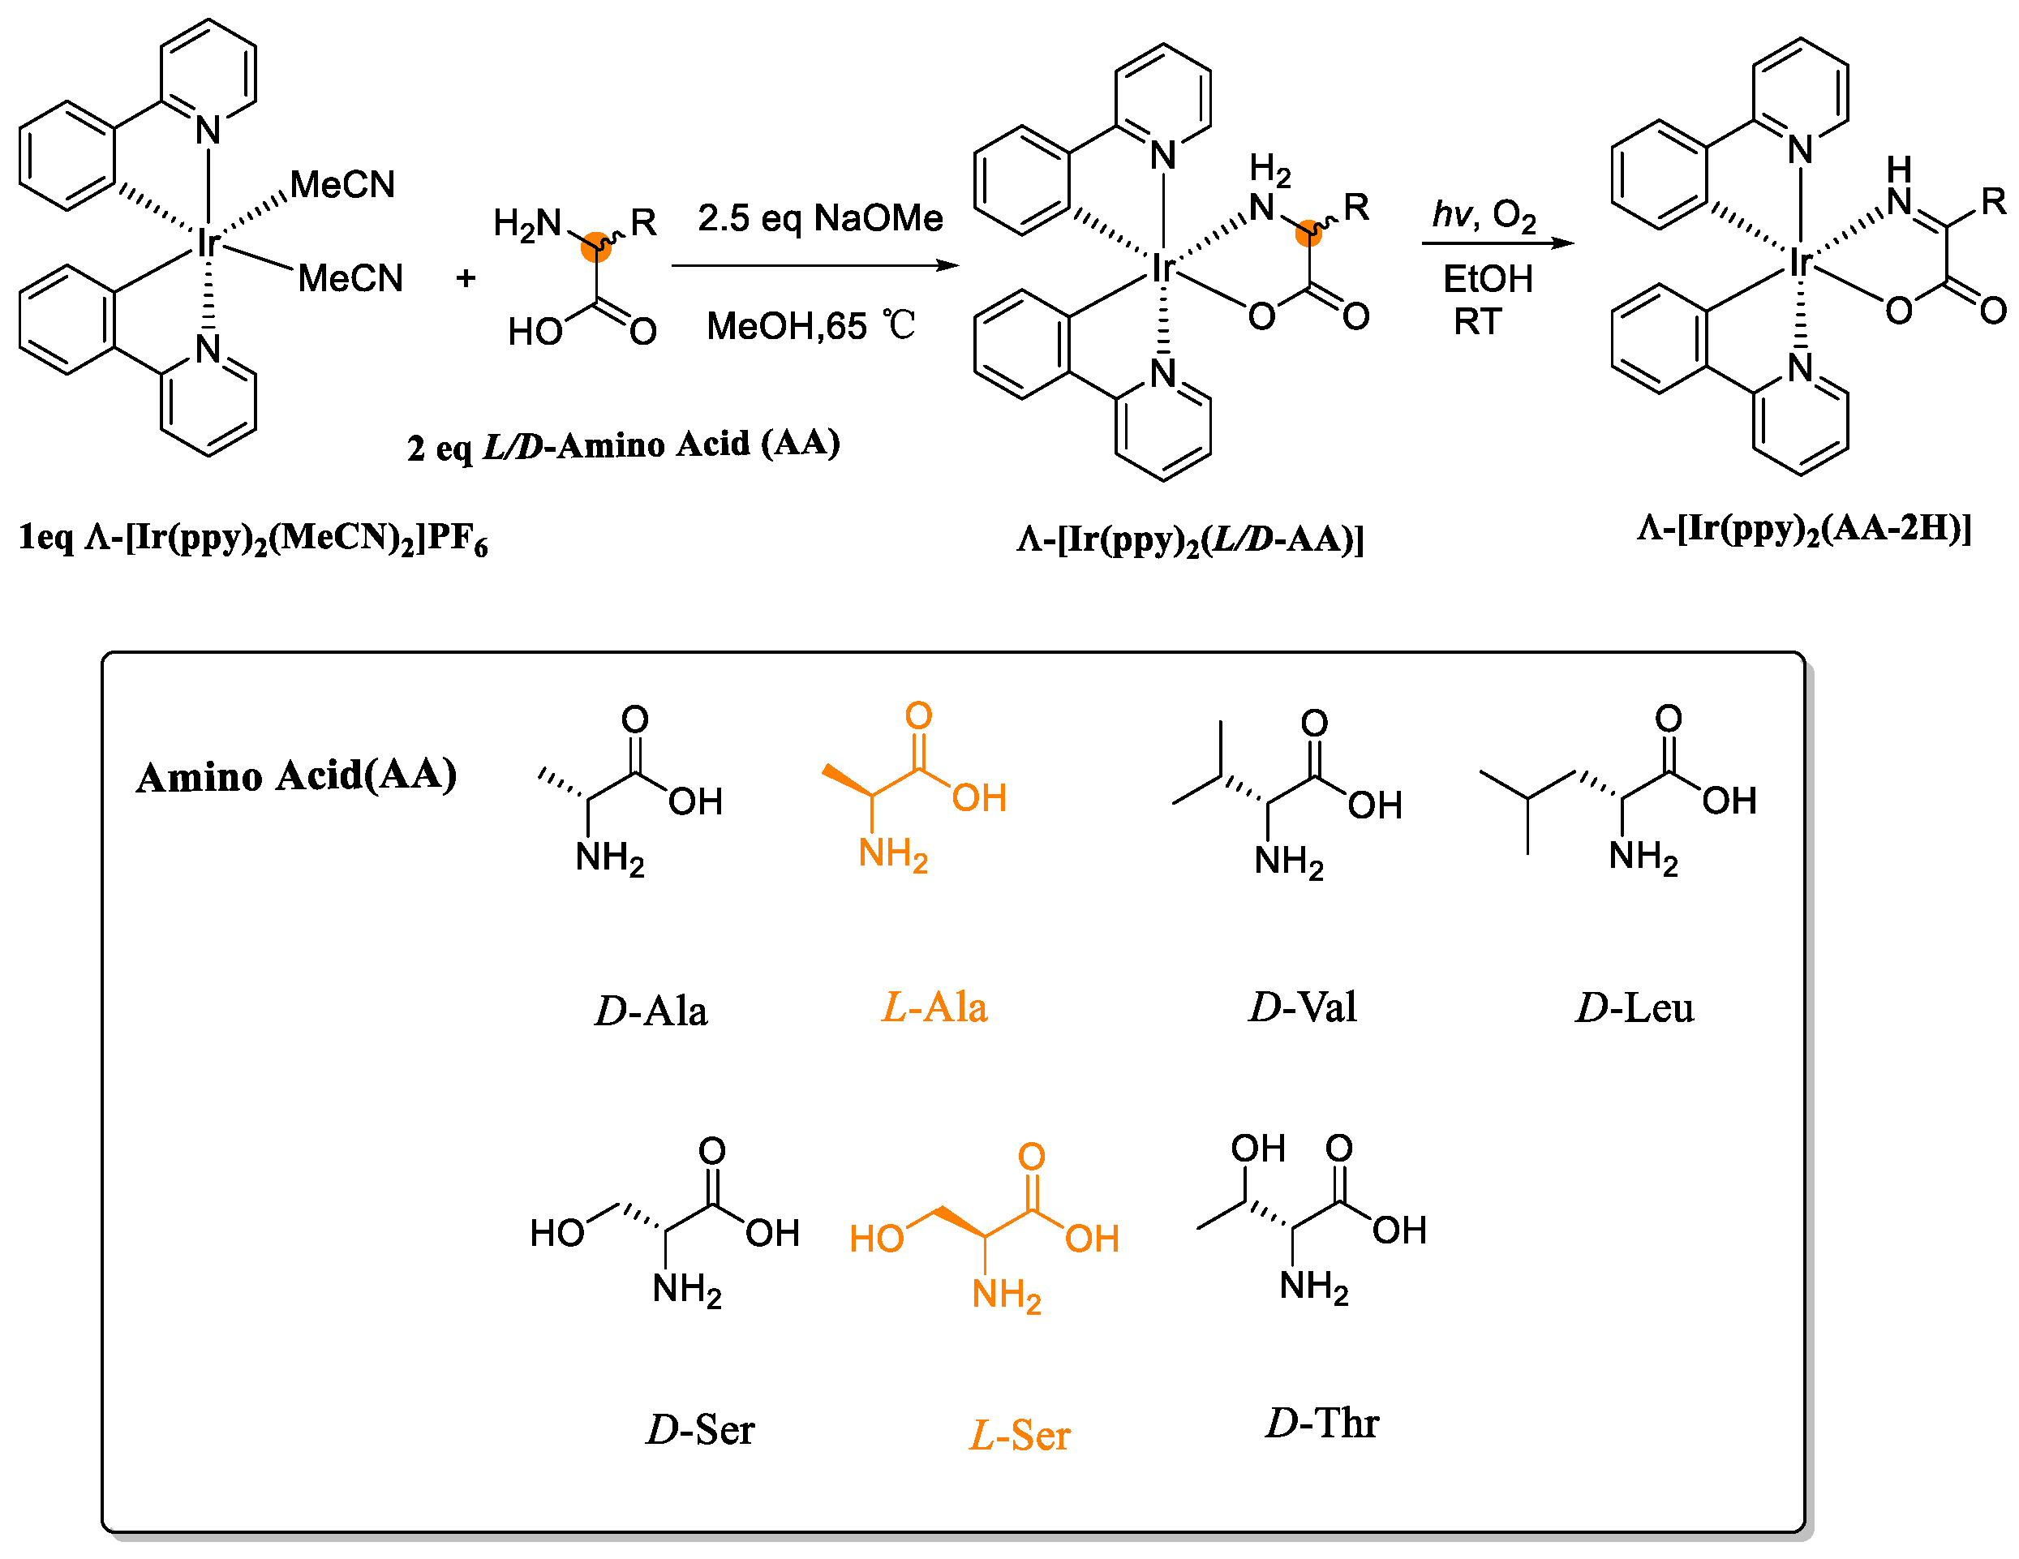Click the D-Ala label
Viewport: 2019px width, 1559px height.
(651, 1011)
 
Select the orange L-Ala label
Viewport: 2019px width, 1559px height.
(934, 1007)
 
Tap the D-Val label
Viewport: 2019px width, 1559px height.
(1303, 1007)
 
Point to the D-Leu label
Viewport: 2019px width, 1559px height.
(1635, 1007)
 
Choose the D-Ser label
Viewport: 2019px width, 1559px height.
(700, 1429)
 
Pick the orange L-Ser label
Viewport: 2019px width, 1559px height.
(1019, 1435)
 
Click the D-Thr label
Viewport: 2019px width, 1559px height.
(1322, 1423)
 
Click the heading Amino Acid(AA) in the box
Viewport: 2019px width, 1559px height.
(296, 775)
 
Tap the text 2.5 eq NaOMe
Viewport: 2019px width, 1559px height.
(820, 218)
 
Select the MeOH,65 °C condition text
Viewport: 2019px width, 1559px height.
(810, 325)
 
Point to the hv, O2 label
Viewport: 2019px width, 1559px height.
(1484, 214)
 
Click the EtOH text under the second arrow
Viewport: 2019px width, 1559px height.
(1488, 278)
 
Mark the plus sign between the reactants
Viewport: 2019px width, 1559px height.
(466, 277)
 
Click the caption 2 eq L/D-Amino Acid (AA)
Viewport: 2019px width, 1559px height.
(623, 445)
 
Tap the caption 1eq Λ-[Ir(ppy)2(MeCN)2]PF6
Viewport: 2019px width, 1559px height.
(252, 538)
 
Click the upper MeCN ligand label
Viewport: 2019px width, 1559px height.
(342, 184)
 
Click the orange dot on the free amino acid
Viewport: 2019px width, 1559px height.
(596, 247)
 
